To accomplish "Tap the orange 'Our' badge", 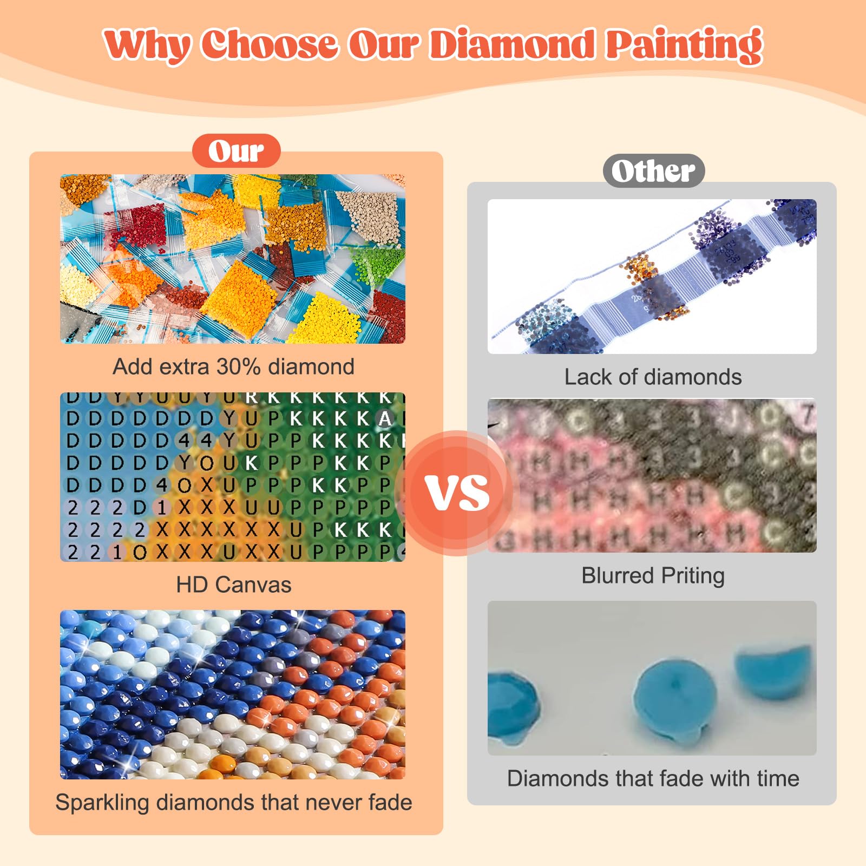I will point(236,151).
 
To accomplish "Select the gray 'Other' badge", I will point(653,171).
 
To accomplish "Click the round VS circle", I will point(457,493).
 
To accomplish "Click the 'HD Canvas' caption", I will point(233,585).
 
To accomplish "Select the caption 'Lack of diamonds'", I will point(653,377).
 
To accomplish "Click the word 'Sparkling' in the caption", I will point(102,803).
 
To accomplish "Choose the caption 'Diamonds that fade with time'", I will point(653,779).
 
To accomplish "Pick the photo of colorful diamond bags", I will point(232,259).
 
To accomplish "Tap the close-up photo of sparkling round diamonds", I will point(232,694).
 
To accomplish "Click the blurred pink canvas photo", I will point(652,476).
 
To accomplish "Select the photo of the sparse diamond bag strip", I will point(652,277).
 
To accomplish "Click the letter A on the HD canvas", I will point(385,418).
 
